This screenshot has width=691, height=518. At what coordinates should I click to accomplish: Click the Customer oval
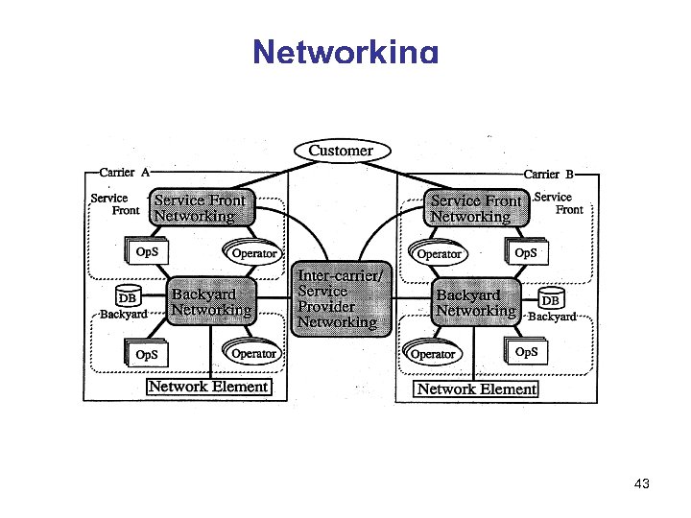point(341,151)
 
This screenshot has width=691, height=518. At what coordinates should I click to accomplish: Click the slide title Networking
point(345,52)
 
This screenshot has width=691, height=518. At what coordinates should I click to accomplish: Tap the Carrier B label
point(548,175)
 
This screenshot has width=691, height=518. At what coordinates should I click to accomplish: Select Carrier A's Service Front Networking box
point(201,208)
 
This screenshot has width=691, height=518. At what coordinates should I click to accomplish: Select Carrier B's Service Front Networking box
point(476,208)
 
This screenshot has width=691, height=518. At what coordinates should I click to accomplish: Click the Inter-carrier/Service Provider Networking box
point(342,299)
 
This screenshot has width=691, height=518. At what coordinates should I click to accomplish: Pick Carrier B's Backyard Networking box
point(475,302)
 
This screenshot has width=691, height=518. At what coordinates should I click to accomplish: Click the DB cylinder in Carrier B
point(551,299)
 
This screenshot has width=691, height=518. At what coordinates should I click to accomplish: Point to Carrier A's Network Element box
point(208,387)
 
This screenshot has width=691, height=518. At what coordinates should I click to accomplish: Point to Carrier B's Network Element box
point(476,388)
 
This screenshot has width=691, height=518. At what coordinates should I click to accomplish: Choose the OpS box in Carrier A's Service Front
point(147,252)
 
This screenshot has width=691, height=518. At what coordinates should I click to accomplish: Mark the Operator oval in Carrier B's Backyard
point(432,354)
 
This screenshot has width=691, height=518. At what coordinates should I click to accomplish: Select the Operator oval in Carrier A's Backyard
point(253,353)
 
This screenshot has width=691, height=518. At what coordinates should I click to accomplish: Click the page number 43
point(642,484)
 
